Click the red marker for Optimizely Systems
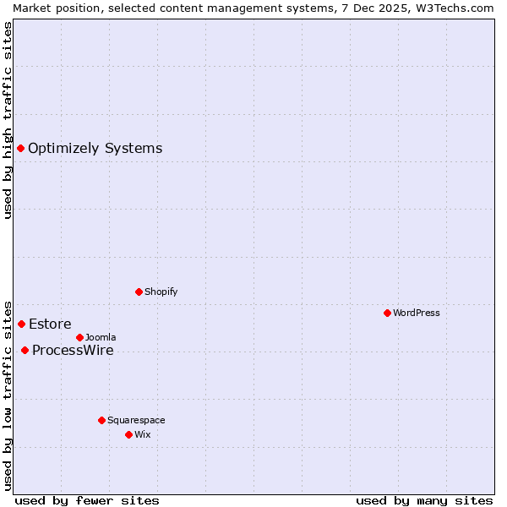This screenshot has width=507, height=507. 20,149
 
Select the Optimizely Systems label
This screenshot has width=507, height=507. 95,149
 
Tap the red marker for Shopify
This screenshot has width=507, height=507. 139,292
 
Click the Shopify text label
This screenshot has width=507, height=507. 161,292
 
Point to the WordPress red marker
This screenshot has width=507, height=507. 387,313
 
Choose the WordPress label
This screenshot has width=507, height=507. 416,313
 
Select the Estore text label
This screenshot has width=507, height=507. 50,324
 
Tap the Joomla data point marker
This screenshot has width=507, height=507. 79,338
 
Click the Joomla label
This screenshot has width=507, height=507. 101,338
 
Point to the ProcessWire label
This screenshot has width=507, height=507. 73,351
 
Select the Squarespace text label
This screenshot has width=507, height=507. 136,421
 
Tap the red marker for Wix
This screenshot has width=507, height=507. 128,435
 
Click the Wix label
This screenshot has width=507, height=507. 142,435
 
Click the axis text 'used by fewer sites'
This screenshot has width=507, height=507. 87,500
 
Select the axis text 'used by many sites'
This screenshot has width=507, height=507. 424,500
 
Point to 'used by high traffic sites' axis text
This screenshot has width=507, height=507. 8,120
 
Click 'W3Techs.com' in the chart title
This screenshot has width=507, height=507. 458,8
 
